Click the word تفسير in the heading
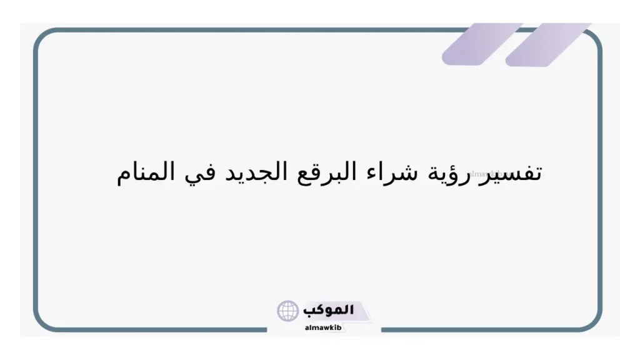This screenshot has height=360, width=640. coord(516,172)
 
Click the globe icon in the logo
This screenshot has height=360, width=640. coord(288,311)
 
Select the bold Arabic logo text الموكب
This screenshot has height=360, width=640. coord(328,310)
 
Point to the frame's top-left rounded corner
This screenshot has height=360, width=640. coord(41,36)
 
